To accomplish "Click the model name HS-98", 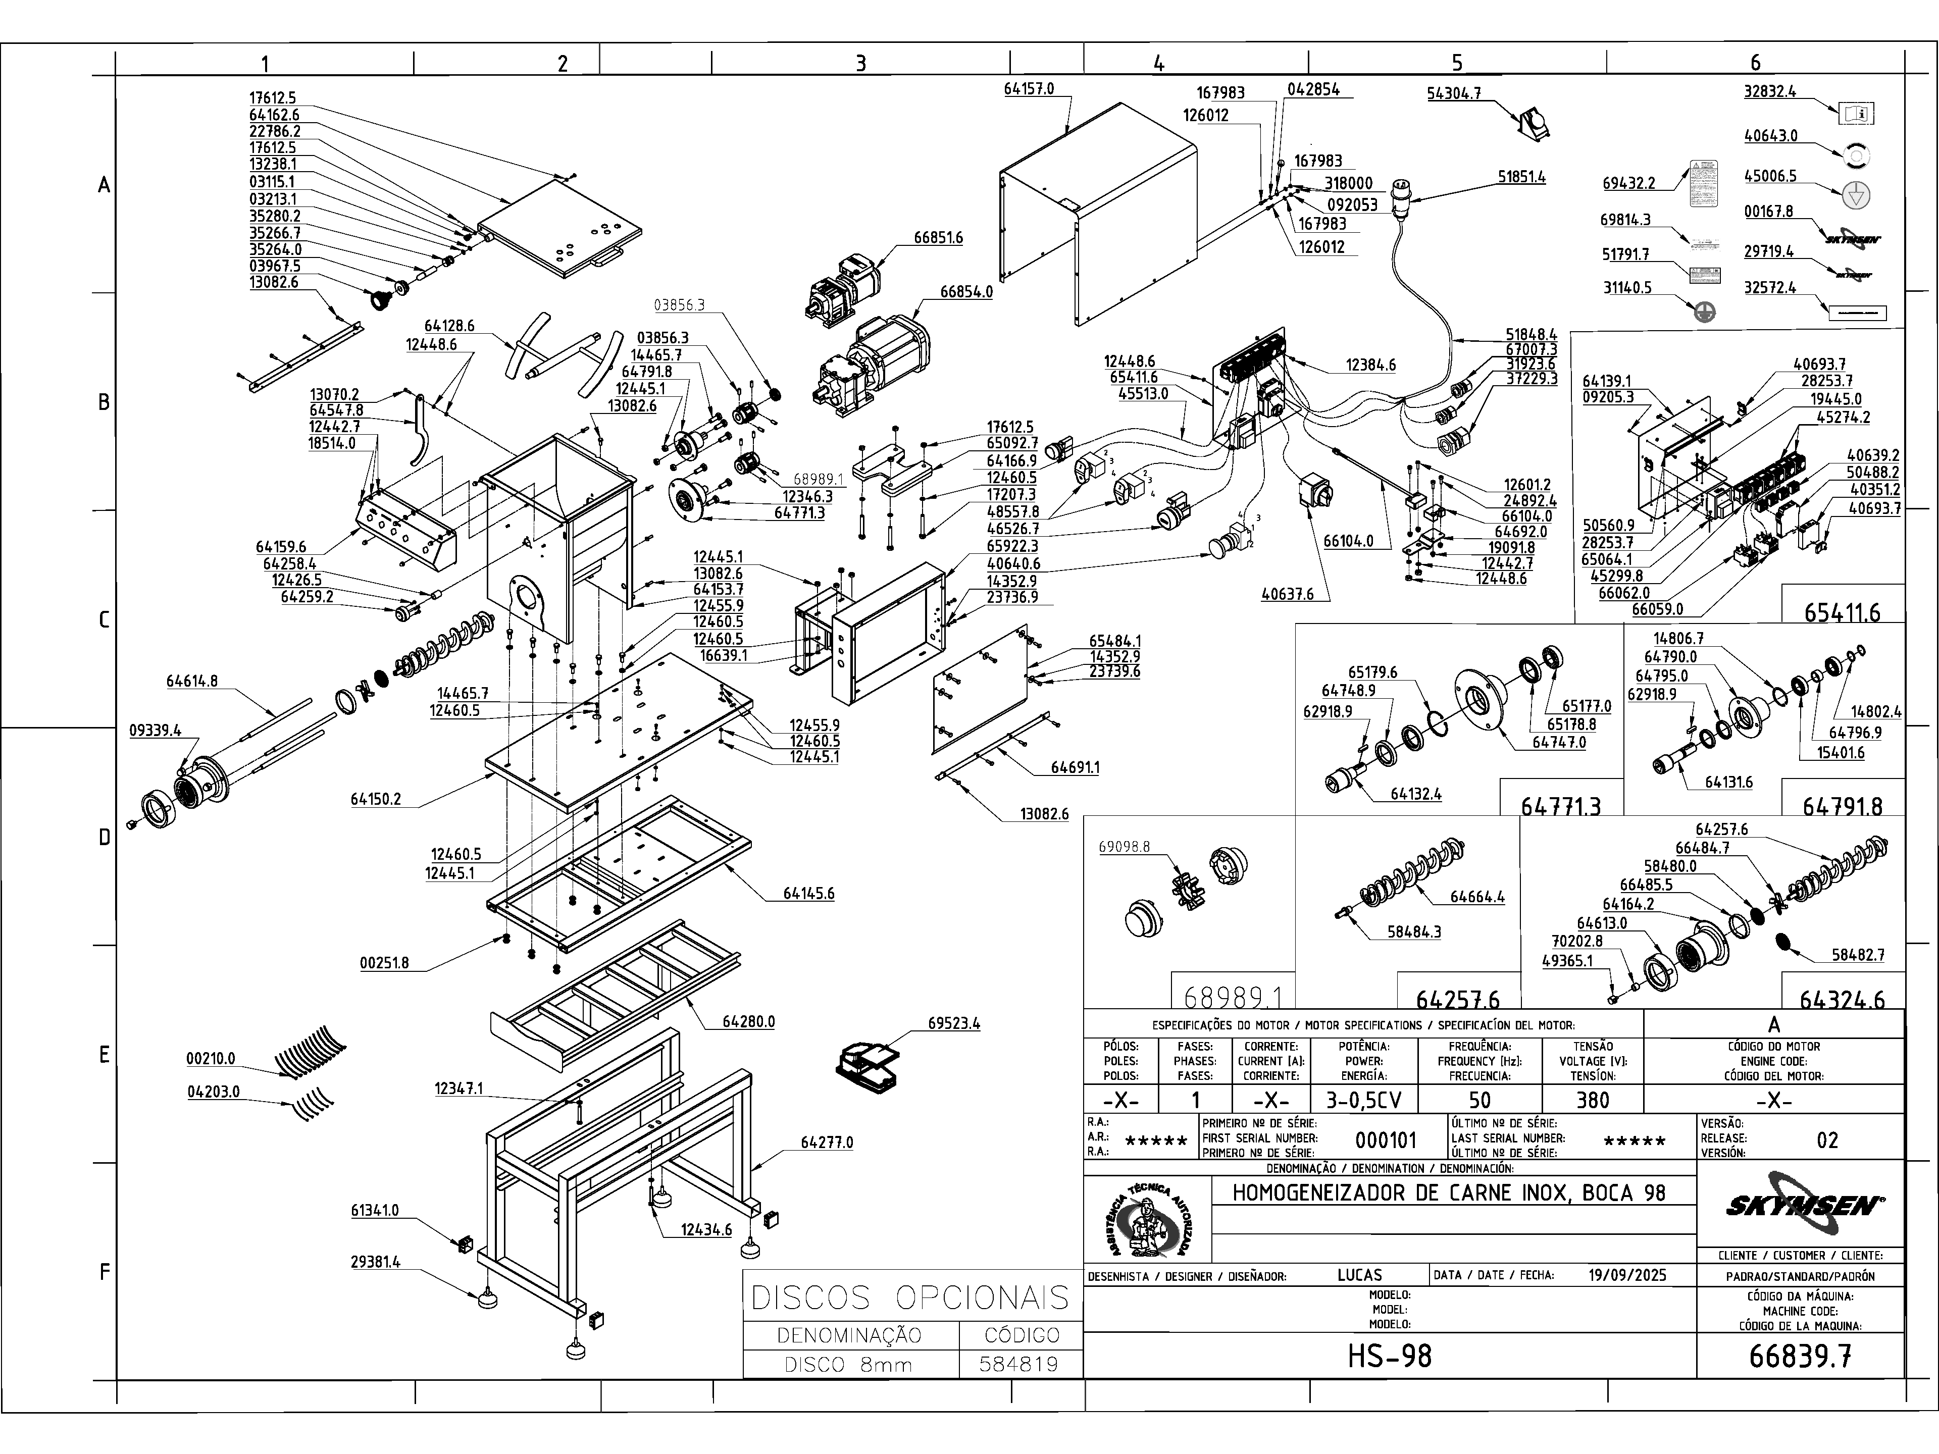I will click(1390, 1357).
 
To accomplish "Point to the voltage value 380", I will click(1592, 1100).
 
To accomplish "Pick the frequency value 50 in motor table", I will click(1479, 1100).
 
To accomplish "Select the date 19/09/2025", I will click(1627, 1275).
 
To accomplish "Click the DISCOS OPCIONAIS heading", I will click(911, 1297).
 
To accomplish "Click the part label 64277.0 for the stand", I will click(826, 1143).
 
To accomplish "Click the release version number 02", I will click(1827, 1140).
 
